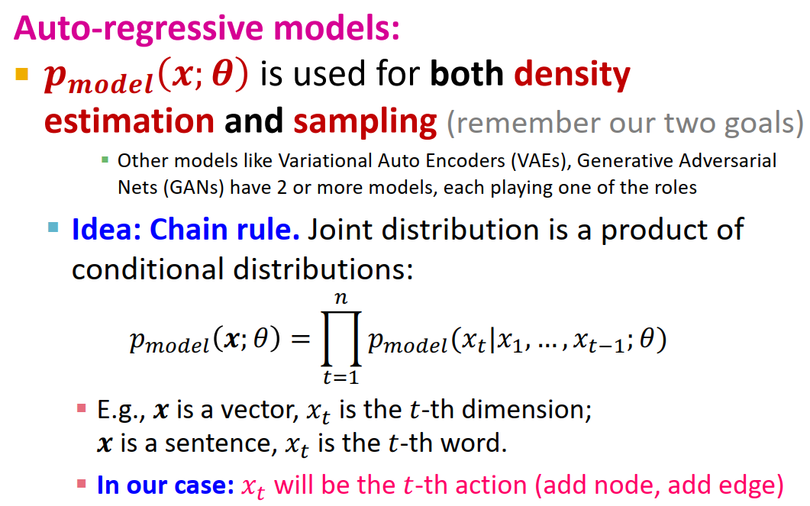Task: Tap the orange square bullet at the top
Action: (x=21, y=75)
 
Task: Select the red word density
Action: (x=572, y=75)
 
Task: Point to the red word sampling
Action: (x=365, y=121)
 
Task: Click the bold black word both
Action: (x=466, y=74)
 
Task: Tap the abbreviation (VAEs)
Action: (x=496, y=162)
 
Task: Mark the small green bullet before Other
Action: (x=105, y=160)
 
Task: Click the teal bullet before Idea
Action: (x=53, y=227)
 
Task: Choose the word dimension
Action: (x=526, y=411)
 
